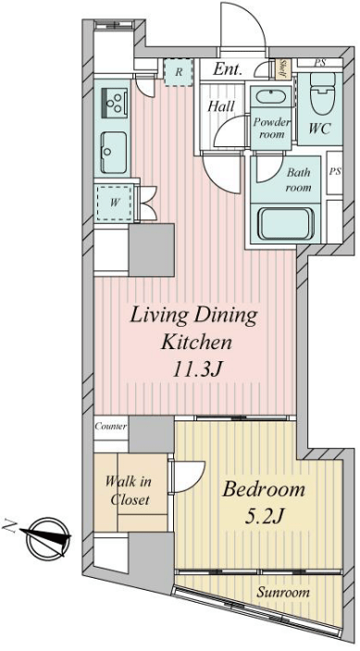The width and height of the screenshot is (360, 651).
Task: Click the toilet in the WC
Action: pos(322,94)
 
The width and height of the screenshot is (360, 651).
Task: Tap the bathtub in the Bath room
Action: pos(285,224)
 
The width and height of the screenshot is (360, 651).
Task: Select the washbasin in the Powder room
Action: pos(270,96)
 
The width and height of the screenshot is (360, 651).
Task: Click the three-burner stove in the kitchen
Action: pos(114,103)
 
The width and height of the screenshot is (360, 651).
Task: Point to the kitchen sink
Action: pos(113,152)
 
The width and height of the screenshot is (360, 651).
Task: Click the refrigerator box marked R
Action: pos(179,72)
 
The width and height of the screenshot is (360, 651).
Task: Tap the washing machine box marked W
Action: pos(115,203)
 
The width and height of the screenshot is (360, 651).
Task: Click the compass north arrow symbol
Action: pos(47,537)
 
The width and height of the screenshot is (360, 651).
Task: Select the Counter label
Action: pos(111,426)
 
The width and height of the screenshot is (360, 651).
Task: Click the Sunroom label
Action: pos(283,593)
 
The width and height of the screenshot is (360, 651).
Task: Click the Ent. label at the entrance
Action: pos(228,69)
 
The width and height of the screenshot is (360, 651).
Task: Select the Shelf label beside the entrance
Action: pos(284,69)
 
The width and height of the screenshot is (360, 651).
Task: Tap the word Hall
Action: pos(221,106)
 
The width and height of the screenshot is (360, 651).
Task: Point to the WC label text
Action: pos(320,129)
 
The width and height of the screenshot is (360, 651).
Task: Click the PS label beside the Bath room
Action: pos(335,172)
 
